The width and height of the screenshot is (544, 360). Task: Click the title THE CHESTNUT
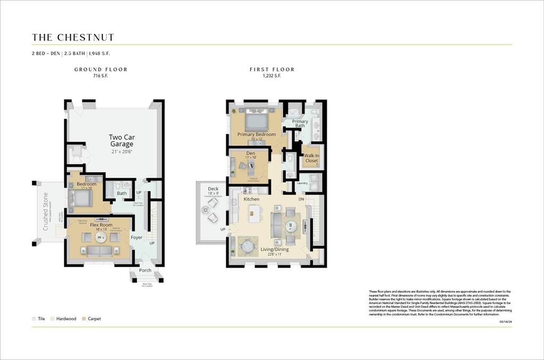pos(73,37)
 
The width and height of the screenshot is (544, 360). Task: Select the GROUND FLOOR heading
pos(100,70)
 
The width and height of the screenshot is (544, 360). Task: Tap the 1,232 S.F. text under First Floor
pos(271,76)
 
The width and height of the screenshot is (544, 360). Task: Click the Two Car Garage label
pos(122,140)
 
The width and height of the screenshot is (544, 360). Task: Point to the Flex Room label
pos(99,225)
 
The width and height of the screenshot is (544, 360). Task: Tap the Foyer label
pos(137,237)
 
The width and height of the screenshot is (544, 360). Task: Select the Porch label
pos(145,270)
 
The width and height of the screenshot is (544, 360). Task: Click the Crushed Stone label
pos(46,211)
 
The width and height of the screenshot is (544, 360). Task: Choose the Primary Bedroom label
pos(257,134)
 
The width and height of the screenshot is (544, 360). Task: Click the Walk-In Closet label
pos(311,158)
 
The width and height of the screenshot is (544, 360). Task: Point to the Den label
pos(250,153)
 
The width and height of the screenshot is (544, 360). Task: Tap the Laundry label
pos(302,183)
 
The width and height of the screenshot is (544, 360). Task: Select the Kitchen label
pos(251,199)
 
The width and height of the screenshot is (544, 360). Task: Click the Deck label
pos(213,188)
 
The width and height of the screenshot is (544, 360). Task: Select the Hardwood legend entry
pos(66,319)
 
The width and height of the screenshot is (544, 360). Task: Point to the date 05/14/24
pos(505,321)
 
